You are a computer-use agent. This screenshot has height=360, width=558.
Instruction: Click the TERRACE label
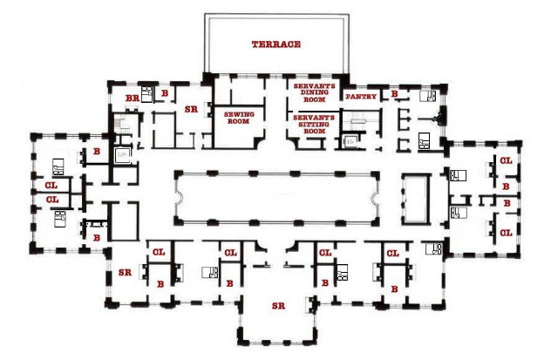pyautogui.click(x=276, y=44)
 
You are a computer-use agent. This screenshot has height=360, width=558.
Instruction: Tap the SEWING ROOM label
pyautogui.click(x=239, y=118)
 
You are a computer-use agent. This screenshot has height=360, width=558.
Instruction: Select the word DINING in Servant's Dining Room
pyautogui.click(x=314, y=92)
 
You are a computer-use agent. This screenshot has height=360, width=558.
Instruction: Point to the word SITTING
pyautogui.click(x=314, y=124)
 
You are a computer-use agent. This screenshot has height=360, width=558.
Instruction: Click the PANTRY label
pyautogui.click(x=361, y=97)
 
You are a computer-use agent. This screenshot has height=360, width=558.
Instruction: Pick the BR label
pyautogui.click(x=132, y=98)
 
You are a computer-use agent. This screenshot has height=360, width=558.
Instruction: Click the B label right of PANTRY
pyautogui.click(x=394, y=94)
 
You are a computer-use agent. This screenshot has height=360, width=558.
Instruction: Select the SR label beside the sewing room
pyautogui.click(x=191, y=109)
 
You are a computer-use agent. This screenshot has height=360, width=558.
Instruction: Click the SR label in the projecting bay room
pyautogui.click(x=278, y=306)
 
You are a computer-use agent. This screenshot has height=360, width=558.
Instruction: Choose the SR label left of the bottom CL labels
pyautogui.click(x=125, y=273)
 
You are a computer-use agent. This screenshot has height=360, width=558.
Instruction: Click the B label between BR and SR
pyautogui.click(x=165, y=93)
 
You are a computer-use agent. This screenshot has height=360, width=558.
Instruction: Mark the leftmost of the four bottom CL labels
pyautogui.click(x=159, y=252)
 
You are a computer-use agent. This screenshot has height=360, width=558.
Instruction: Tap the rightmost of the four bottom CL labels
pyautogui.click(x=392, y=254)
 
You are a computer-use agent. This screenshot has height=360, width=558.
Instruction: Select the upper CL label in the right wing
pyautogui.click(x=506, y=160)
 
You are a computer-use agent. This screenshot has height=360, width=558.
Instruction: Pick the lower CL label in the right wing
pyautogui.click(x=506, y=233)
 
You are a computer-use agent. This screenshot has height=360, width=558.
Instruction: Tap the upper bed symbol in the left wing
pyautogui.click(x=58, y=166)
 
